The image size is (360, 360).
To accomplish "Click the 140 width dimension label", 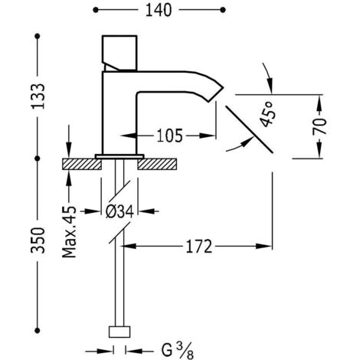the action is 159,11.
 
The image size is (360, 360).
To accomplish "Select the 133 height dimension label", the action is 38,97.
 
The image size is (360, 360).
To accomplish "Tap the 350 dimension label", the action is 38,241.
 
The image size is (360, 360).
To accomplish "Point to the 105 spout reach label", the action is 170,136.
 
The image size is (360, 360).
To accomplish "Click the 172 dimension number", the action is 199,247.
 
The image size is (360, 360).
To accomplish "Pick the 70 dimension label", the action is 319,126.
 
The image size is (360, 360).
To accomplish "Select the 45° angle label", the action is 267,114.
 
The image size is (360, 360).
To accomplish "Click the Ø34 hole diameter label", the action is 119,211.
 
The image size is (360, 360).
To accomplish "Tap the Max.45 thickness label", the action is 69,231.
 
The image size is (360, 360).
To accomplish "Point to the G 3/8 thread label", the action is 178,351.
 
